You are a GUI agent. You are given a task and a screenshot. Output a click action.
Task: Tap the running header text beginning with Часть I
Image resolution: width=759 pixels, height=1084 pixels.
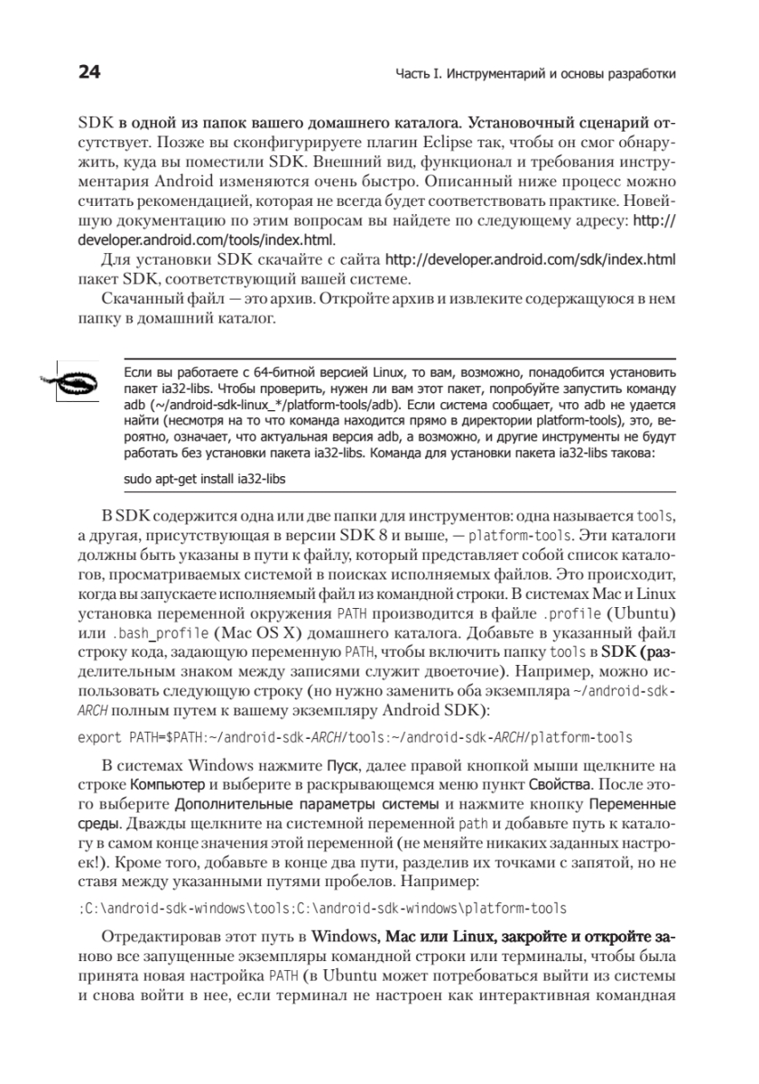pos(536,73)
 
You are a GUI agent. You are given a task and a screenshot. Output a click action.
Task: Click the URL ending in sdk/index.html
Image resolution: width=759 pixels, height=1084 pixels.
pos(531,259)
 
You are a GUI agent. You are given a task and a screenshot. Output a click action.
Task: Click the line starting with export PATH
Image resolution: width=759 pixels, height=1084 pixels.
pos(356,737)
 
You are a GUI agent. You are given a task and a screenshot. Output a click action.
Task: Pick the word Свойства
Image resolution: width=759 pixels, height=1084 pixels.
pos(559,783)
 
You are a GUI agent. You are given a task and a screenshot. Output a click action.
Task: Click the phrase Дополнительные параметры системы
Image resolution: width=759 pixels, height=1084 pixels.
pos(307,803)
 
